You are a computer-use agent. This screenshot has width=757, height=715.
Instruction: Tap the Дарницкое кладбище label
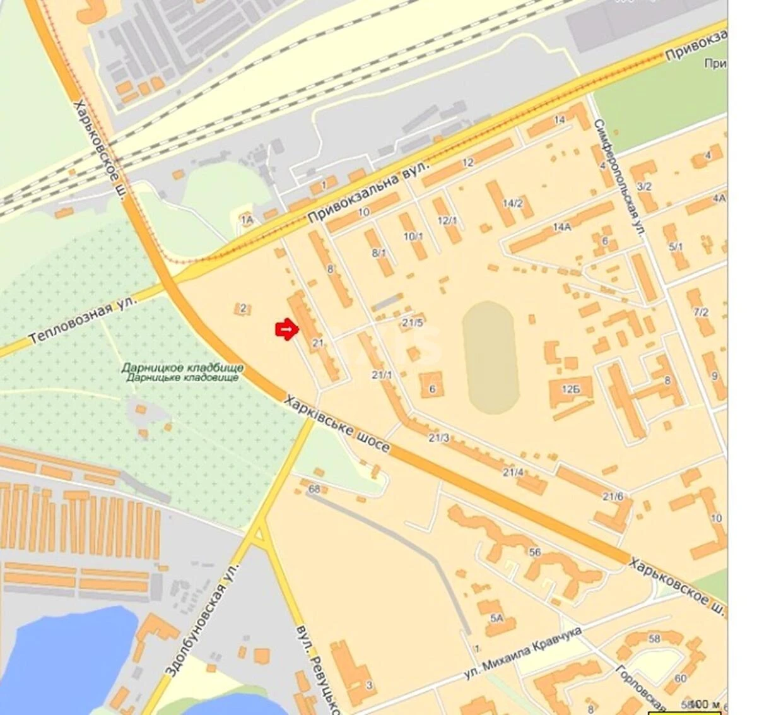tap(182, 372)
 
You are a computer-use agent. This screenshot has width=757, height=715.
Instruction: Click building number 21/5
tap(413, 322)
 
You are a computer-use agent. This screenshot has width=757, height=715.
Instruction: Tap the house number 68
tap(314, 489)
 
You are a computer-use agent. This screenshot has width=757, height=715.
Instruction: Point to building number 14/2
tap(513, 203)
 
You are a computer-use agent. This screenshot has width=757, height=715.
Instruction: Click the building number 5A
tap(496, 618)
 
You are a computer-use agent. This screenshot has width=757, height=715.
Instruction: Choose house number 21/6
tap(613, 497)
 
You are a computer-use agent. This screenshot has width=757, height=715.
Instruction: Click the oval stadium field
tap(490, 357)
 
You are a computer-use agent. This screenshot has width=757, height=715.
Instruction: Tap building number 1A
tap(247, 219)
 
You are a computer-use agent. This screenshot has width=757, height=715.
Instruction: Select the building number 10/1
tap(413, 237)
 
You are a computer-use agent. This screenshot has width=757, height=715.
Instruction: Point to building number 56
tap(536, 552)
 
